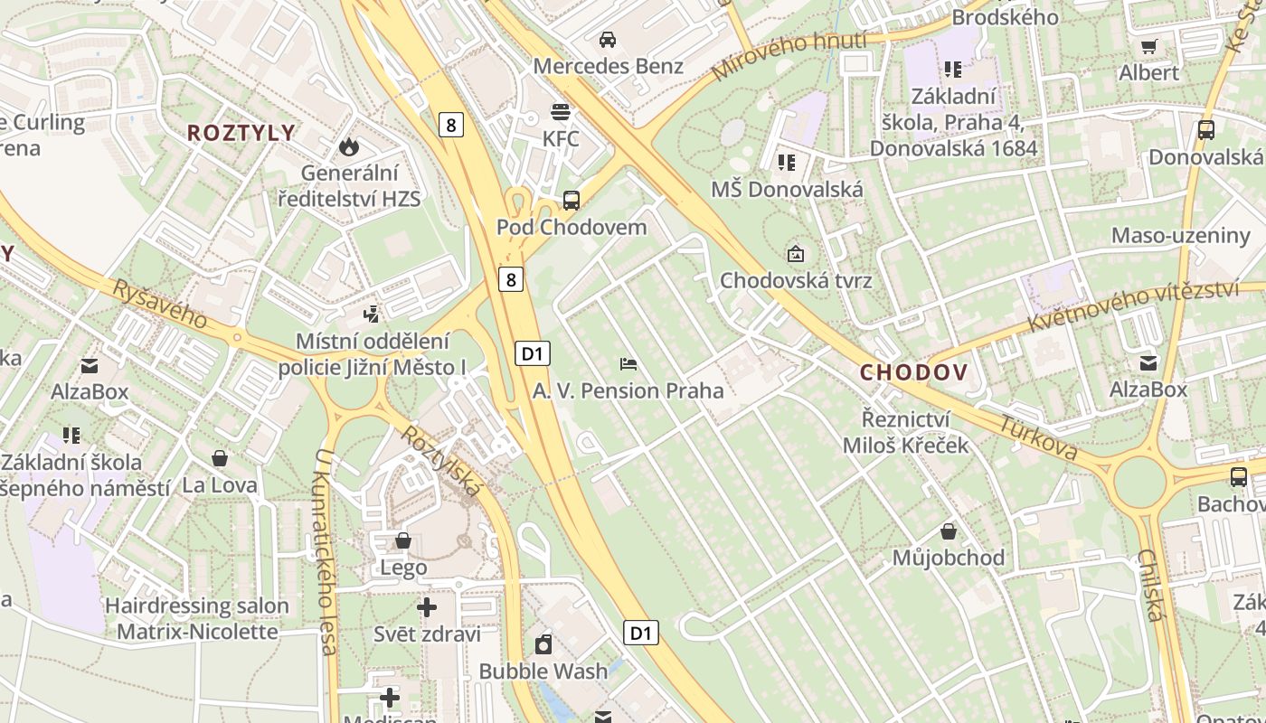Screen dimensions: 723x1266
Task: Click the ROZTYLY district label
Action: pyautogui.click(x=241, y=133)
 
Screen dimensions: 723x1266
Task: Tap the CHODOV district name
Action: pyautogui.click(x=913, y=372)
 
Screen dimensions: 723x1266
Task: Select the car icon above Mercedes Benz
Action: pyautogui.click(x=608, y=39)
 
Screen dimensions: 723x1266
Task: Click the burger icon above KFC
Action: pyautogui.click(x=561, y=112)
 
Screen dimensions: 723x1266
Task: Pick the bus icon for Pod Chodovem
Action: pyautogui.click(x=572, y=201)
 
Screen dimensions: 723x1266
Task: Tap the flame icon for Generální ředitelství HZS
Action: pyautogui.click(x=348, y=146)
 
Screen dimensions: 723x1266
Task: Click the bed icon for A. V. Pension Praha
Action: pyautogui.click(x=628, y=364)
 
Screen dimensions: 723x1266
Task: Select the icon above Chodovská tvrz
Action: pyautogui.click(x=796, y=254)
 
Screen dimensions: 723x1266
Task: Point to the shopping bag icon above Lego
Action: pyautogui.click(x=403, y=541)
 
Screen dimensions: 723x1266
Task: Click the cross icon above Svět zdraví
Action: pyautogui.click(x=427, y=607)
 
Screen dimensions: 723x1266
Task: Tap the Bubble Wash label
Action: pyautogui.click(x=543, y=671)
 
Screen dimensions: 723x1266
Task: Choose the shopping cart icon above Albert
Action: pyautogui.click(x=1149, y=46)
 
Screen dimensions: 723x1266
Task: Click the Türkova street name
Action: pyautogui.click(x=1039, y=437)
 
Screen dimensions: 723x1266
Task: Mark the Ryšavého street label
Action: pyautogui.click(x=159, y=304)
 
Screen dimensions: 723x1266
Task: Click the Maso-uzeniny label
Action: pyautogui.click(x=1180, y=236)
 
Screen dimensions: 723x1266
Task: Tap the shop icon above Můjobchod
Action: pyautogui.click(x=949, y=531)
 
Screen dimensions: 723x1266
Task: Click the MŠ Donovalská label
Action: pyautogui.click(x=787, y=190)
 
